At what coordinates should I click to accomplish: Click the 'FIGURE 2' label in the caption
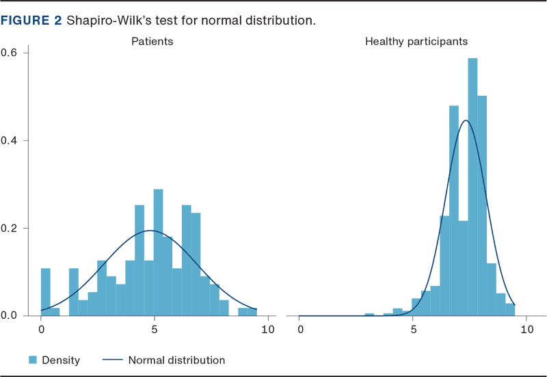[x=31, y=21]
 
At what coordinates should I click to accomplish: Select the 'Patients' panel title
[x=152, y=41]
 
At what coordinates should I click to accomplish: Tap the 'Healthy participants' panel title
[x=416, y=41]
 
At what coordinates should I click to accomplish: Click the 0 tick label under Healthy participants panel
[x=301, y=330]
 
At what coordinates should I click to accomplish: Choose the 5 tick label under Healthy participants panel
[x=414, y=330]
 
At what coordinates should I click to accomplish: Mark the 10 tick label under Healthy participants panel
[x=526, y=330]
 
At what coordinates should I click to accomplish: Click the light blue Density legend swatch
[x=32, y=360]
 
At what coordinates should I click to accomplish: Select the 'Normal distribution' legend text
[x=176, y=360]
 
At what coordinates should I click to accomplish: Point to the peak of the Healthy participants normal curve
[x=466, y=121]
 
